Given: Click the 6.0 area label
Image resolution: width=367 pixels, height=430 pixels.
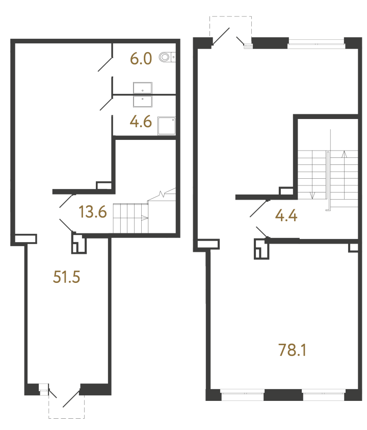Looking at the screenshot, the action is pyautogui.click(x=141, y=59).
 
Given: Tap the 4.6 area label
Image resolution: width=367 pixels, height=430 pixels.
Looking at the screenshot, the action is pyautogui.click(x=141, y=122).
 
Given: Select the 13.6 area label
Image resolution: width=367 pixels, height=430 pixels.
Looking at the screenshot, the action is pyautogui.click(x=92, y=212).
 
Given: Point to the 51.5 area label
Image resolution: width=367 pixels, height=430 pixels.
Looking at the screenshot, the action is pyautogui.click(x=66, y=277).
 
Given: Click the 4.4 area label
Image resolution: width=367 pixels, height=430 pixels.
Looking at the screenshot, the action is pyautogui.click(x=286, y=216).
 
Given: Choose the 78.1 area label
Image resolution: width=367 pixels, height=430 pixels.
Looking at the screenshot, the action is pyautogui.click(x=292, y=350).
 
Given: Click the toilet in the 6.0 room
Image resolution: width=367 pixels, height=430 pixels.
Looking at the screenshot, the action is pyautogui.click(x=167, y=57).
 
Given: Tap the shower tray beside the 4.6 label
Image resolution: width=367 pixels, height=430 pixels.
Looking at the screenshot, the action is pyautogui.click(x=167, y=126).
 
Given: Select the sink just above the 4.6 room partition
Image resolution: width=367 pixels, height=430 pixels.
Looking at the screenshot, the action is pyautogui.click(x=143, y=88).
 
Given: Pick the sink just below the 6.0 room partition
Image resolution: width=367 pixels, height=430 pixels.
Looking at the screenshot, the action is pyautogui.click(x=143, y=101).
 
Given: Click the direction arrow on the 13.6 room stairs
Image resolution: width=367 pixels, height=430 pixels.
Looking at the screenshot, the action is pyautogui.click(x=144, y=218).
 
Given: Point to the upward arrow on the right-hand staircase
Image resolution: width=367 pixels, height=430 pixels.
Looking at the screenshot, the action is pyautogui.click(x=344, y=154).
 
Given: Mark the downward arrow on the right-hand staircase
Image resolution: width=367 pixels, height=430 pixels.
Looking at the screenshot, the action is pyautogui.click(x=312, y=196).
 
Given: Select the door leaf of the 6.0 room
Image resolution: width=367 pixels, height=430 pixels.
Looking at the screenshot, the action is pyautogui.click(x=105, y=64).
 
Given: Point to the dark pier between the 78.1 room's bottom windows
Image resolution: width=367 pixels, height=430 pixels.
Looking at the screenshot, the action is pyautogui.click(x=283, y=395).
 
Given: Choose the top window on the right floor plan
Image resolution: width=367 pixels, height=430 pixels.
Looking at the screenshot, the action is pyautogui.click(x=317, y=43).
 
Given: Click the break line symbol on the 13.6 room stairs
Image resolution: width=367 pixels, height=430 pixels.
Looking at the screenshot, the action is pyautogui.click(x=162, y=195).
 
